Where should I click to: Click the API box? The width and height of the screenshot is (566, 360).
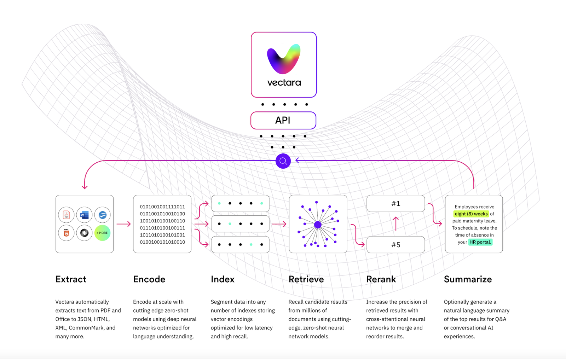[283, 121]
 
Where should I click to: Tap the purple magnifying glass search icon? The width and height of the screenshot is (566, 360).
[283, 161]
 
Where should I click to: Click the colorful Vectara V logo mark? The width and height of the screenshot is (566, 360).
[284, 59]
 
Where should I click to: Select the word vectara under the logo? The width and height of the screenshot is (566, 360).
[284, 83]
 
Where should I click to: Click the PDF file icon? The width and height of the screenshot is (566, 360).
[66, 215]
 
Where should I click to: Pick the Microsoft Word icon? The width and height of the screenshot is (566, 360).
[84, 215]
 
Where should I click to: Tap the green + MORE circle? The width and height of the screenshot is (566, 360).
[102, 233]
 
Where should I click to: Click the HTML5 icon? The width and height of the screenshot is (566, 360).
[66, 233]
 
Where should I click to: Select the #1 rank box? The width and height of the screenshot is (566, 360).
[395, 204]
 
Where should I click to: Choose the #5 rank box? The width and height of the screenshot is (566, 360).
[395, 245]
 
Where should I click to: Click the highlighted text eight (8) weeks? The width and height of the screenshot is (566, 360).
[471, 214]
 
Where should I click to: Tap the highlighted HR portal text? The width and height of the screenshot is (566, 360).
[480, 242]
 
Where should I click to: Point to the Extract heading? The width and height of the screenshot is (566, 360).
[71, 279]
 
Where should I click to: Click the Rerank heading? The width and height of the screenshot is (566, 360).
[381, 279]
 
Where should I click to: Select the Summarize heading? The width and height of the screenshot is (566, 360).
[468, 279]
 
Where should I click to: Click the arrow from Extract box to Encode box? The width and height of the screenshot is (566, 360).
[123, 224]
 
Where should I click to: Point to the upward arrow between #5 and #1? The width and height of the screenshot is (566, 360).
[396, 223]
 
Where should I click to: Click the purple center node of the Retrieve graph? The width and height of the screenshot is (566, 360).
[318, 225]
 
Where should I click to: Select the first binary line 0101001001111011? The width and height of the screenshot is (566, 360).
[162, 207]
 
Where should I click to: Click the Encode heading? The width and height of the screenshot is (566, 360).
[149, 279]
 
